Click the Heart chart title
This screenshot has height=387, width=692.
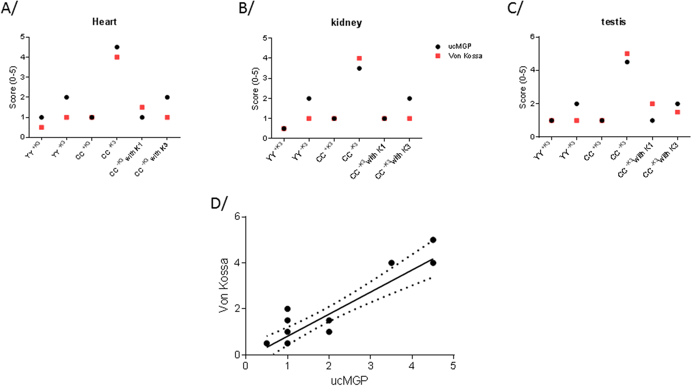pyautogui.click(x=104, y=22)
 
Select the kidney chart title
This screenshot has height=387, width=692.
pyautogui.click(x=346, y=23)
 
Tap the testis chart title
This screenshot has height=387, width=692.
pyautogui.click(x=613, y=22)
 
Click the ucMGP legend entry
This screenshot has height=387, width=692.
pyautogui.click(x=460, y=46)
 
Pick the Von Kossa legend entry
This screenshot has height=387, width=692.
pyautogui.click(x=465, y=56)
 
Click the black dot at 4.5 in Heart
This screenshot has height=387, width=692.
pyautogui.click(x=117, y=47)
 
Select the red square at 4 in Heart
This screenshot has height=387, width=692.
pyautogui.click(x=117, y=57)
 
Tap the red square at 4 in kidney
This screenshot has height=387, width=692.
pyautogui.click(x=359, y=58)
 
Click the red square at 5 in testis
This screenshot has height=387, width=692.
pyautogui.click(x=627, y=54)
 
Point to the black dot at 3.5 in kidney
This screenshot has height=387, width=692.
pyautogui.click(x=359, y=68)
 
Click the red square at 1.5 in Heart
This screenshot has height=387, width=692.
pyautogui.click(x=142, y=107)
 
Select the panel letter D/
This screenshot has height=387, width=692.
pyautogui.click(x=219, y=204)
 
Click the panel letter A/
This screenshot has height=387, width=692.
pyautogui.click(x=9, y=8)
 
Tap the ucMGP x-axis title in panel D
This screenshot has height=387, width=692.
pyautogui.click(x=349, y=380)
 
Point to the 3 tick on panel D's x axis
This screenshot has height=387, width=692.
pyautogui.click(x=370, y=366)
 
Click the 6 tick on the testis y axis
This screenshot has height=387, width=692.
pyautogui.click(x=532, y=37)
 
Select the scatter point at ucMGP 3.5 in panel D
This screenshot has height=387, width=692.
pyautogui.click(x=392, y=263)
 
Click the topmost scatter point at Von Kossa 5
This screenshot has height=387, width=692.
pyautogui.click(x=433, y=240)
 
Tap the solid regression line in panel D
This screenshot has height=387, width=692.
pyautogui.click(x=350, y=301)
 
